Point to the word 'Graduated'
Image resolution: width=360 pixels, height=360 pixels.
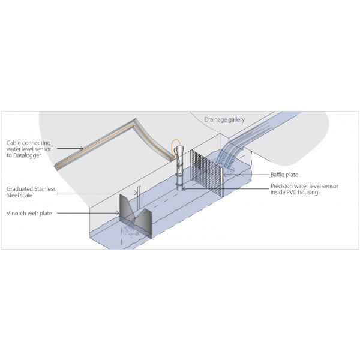pyautogui.click(x=21, y=188)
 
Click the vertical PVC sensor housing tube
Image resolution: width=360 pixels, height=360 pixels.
pyautogui.click(x=179, y=171)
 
